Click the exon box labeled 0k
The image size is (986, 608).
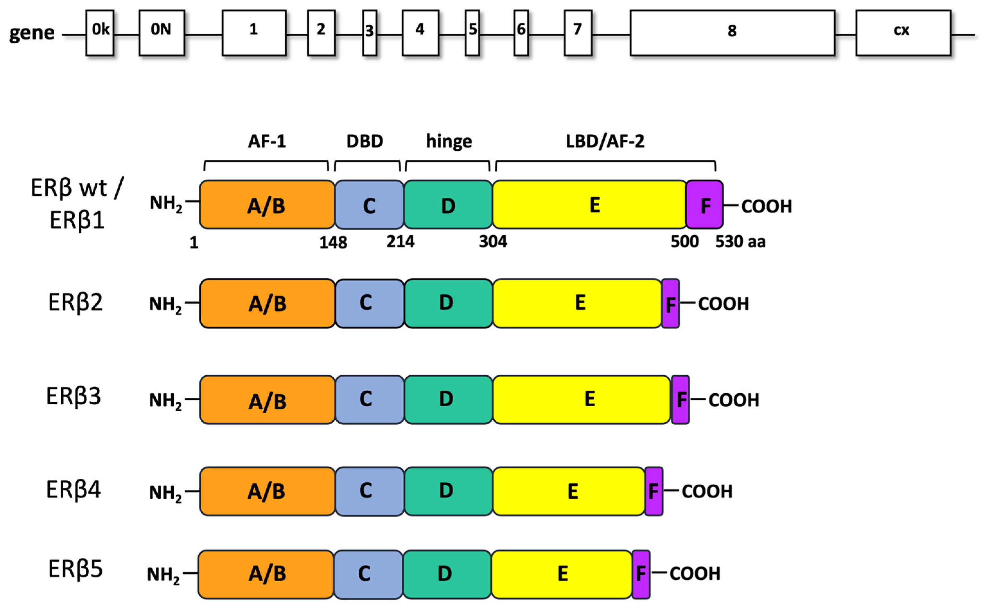pyautogui.click(x=100, y=33)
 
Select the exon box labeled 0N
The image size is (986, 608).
pyautogui.click(x=162, y=33)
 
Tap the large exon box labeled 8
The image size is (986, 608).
pyautogui.click(x=732, y=33)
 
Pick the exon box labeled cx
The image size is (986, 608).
pyautogui.click(x=903, y=33)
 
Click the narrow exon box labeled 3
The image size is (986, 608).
pyautogui.click(x=370, y=33)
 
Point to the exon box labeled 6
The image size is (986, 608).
pyautogui.click(x=521, y=33)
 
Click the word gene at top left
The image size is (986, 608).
pyautogui.click(x=32, y=33)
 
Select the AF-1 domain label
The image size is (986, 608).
pyautogui.click(x=267, y=141)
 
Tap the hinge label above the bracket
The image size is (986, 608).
pyautogui.click(x=449, y=141)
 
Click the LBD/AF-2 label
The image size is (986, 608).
pyautogui.click(x=605, y=141)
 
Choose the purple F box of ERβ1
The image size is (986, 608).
pyautogui.click(x=705, y=205)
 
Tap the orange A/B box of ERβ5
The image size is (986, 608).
pyautogui.click(x=266, y=574)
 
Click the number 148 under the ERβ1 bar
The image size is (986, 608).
pyautogui.click(x=333, y=243)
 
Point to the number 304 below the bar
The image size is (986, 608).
pyautogui.click(x=493, y=242)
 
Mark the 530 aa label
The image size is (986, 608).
pyautogui.click(x=740, y=242)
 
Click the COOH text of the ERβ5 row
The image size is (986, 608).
pyautogui.click(x=695, y=573)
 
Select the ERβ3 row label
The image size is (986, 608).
pyautogui.click(x=74, y=396)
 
